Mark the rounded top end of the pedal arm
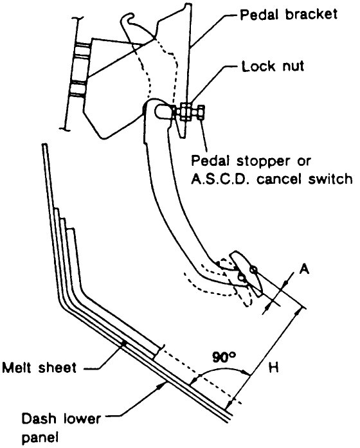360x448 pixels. coord(155,109)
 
